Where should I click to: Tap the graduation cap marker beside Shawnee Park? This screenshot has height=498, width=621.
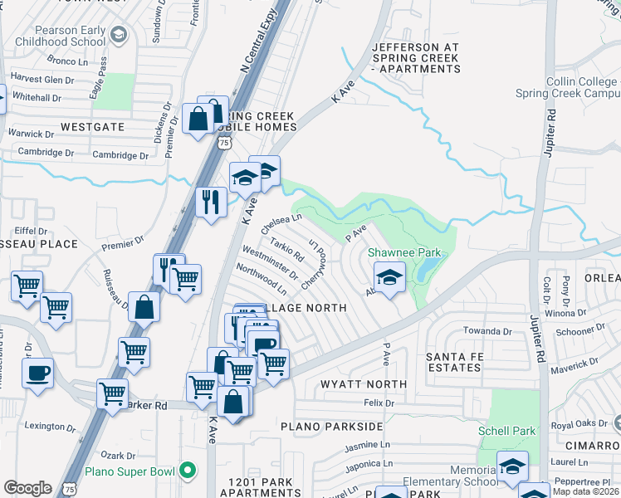(x=389, y=276)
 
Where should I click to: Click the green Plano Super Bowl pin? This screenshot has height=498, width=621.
(x=188, y=471)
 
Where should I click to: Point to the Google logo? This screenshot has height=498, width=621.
(x=27, y=488)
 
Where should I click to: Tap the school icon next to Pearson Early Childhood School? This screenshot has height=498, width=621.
(x=119, y=35)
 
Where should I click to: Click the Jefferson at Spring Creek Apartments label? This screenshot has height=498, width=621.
(x=416, y=58)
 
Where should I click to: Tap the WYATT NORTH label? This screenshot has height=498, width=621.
(x=364, y=384)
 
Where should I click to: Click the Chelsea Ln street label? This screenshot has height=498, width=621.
(x=281, y=222)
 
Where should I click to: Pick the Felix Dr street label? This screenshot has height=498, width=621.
(x=378, y=403)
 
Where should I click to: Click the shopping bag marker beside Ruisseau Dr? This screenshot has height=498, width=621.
(x=144, y=306)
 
